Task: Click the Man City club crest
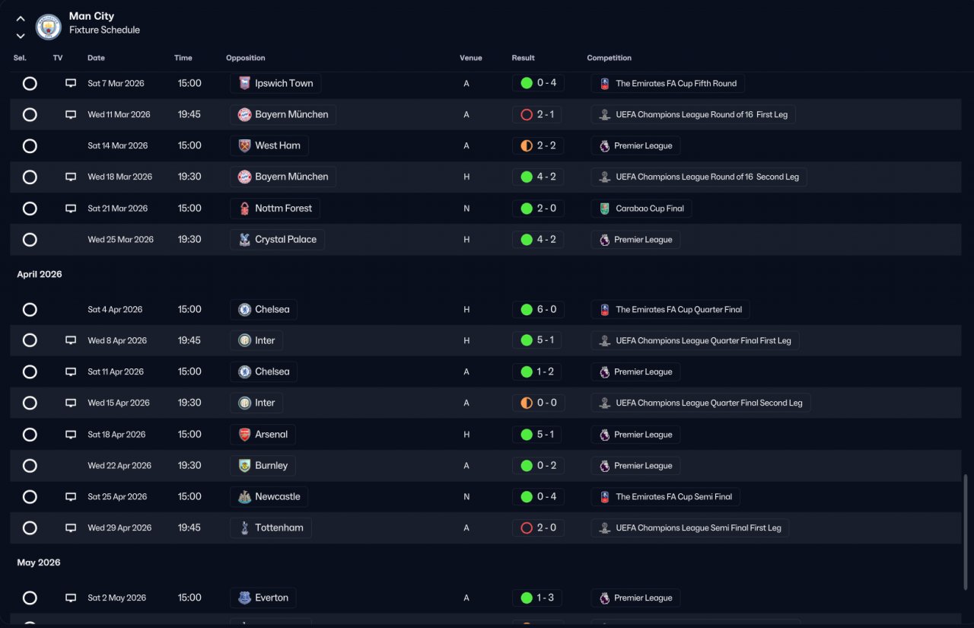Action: [48, 27]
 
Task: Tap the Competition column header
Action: [609, 58]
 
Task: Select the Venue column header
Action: [470, 58]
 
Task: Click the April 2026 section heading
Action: [40, 274]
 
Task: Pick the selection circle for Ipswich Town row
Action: [30, 84]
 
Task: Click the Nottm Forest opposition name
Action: [283, 209]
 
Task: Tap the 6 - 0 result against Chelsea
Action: [546, 309]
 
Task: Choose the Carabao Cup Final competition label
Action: [650, 209]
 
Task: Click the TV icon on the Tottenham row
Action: [71, 528]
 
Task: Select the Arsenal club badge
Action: [244, 434]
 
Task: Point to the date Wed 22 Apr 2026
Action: [119, 465]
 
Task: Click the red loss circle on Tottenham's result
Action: [527, 528]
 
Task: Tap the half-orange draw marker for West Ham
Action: [527, 145]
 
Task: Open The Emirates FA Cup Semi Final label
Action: [673, 496]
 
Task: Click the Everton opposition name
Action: [272, 598]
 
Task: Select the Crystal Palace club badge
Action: [244, 239]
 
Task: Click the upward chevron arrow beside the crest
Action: [21, 19]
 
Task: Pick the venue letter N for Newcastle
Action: [466, 496]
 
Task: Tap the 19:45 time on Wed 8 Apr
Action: [189, 340]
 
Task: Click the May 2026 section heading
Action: [39, 563]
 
